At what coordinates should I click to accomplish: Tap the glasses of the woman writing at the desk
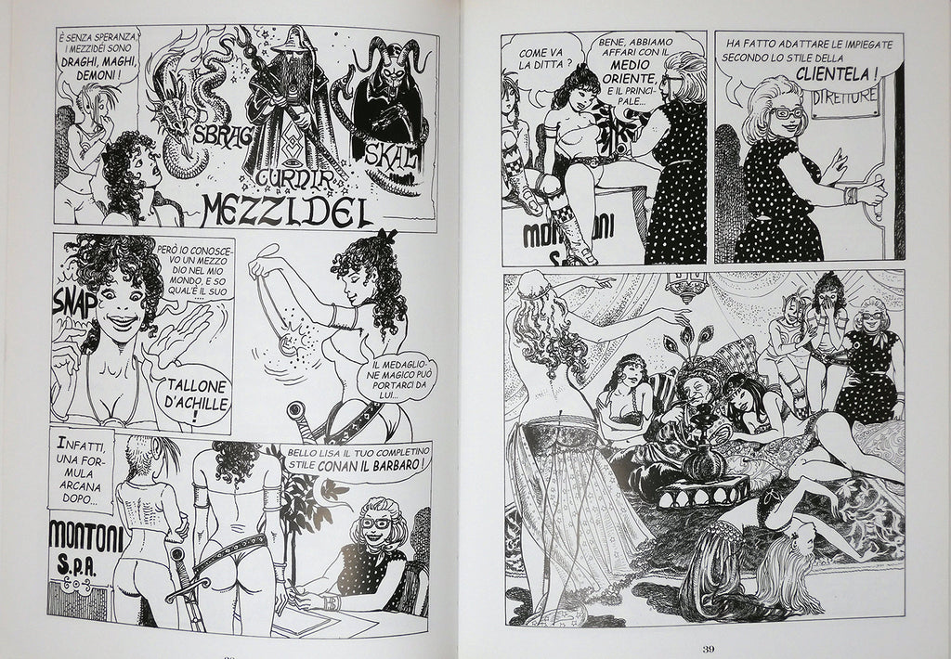coord(374,523)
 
